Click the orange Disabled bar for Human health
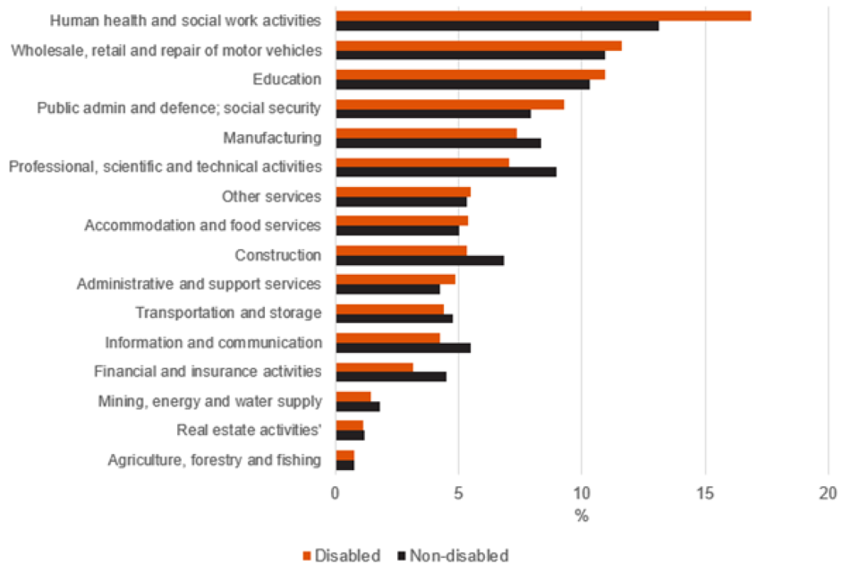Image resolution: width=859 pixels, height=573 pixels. point(542,15)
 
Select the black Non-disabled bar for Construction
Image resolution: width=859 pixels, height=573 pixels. point(419,260)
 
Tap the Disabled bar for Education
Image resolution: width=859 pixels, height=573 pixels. point(470,74)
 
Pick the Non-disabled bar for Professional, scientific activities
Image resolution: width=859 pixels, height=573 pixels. point(446,172)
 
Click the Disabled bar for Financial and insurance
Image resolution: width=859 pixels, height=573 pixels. point(374,367)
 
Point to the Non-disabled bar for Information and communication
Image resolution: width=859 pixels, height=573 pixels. point(403,347)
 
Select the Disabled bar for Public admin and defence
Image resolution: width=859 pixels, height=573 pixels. point(449,104)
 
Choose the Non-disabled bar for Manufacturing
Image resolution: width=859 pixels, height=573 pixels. point(438,142)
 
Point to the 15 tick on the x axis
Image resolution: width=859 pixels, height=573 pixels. point(705,492)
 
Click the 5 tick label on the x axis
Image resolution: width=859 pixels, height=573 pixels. point(458,492)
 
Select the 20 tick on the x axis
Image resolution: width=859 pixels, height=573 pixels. point(828,492)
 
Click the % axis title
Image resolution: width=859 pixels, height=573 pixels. point(581,517)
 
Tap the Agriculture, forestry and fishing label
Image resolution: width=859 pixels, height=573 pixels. point(214,460)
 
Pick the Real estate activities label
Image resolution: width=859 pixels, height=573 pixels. point(249,431)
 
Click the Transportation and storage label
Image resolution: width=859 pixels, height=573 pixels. point(228,313)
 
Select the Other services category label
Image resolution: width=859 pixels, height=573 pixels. point(271,196)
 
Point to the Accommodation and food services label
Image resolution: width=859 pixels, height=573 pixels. point(202,226)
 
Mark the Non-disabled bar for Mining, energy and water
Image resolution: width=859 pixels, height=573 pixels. point(357,406)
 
